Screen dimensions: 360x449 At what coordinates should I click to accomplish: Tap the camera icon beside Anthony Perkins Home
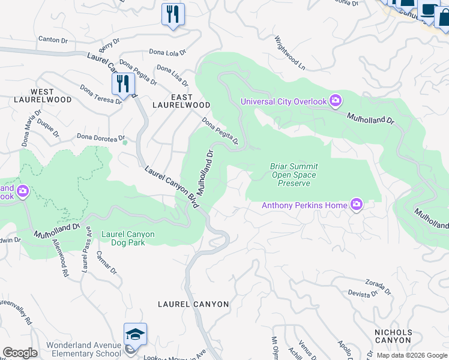(x=357, y=205)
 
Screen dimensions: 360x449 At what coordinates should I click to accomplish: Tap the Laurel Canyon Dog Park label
(x=128, y=238)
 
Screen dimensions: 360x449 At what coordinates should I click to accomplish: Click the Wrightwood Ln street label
(x=290, y=52)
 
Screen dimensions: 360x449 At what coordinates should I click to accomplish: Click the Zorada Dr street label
(x=378, y=286)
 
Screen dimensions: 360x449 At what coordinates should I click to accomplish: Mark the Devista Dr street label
(x=363, y=294)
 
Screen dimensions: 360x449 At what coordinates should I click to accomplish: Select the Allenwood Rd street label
(x=60, y=258)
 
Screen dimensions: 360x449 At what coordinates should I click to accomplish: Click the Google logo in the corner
(x=20, y=353)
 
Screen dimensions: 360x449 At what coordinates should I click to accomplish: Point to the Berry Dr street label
(x=106, y=46)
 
